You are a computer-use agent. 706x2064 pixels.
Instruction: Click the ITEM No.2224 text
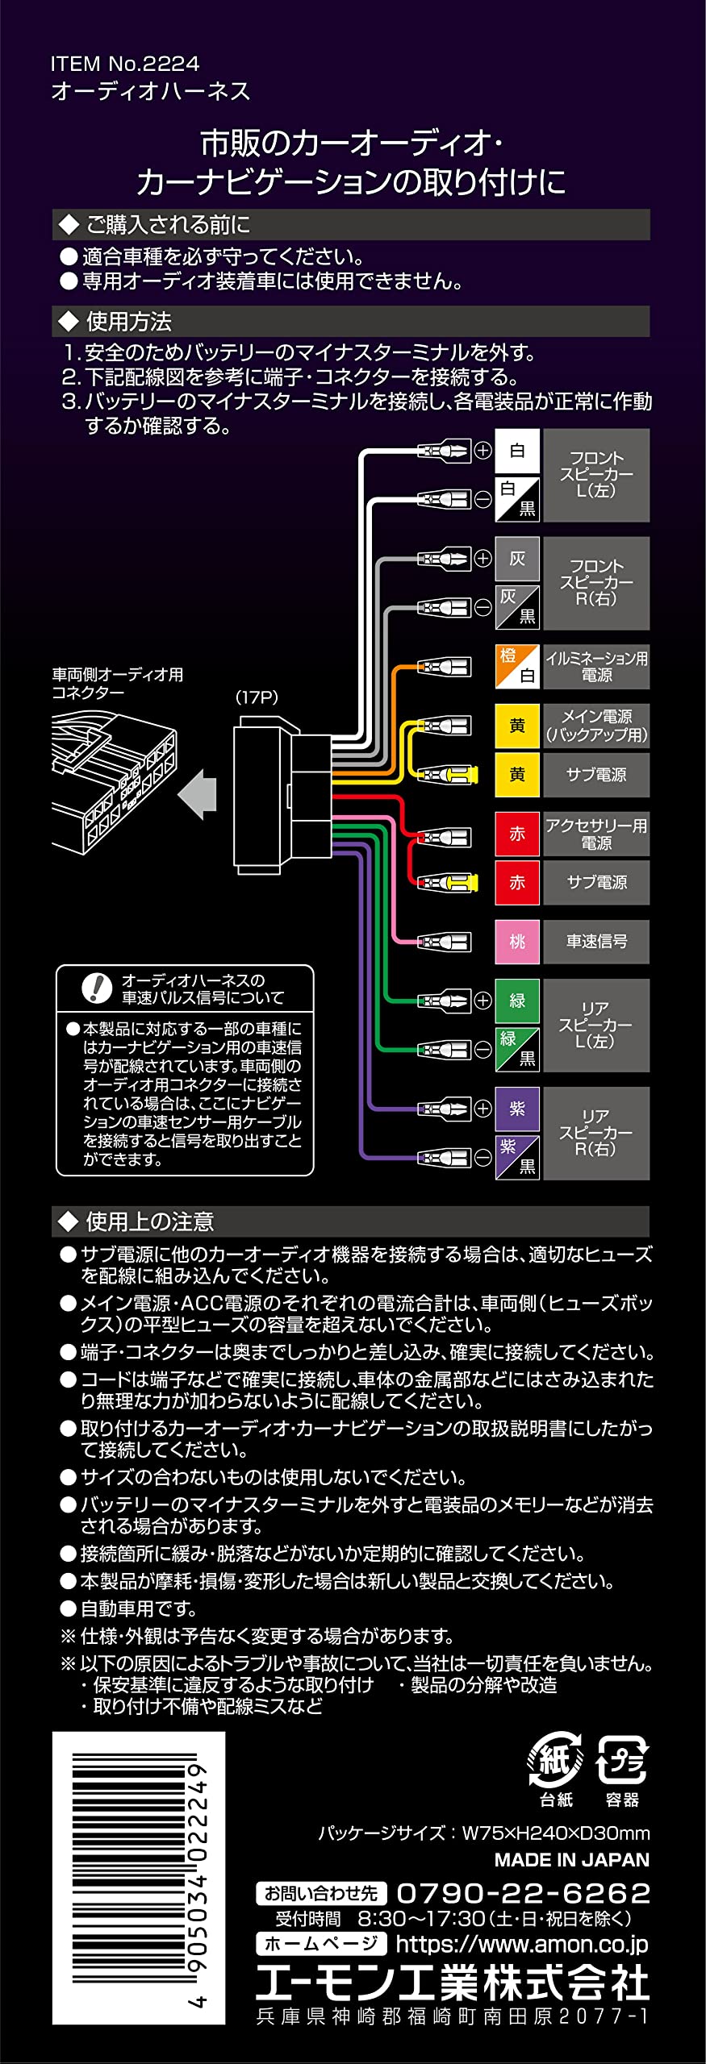(x=124, y=64)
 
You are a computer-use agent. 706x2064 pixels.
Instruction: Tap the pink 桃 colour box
(x=517, y=942)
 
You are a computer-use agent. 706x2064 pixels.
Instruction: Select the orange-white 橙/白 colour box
(x=517, y=666)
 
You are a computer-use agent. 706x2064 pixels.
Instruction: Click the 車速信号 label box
(x=596, y=942)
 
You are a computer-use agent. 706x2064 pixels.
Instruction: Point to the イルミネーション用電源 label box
(x=596, y=666)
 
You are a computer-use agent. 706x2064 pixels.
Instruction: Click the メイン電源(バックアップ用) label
(x=596, y=726)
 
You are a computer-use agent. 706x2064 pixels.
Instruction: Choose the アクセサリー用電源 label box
(x=596, y=834)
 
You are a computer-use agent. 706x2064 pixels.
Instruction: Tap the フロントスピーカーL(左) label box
(x=596, y=475)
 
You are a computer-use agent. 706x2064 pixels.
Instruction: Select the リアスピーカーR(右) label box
(x=596, y=1134)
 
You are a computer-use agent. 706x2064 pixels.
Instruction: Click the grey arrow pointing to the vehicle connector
(x=197, y=793)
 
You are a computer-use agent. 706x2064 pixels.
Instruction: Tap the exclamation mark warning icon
(x=98, y=988)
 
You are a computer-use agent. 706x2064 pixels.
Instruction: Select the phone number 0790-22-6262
(x=523, y=1892)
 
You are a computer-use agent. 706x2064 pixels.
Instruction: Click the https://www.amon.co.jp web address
(x=522, y=1944)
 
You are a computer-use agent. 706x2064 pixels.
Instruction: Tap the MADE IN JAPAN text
(x=572, y=1859)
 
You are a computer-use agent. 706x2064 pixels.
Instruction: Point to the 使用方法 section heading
(x=129, y=322)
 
